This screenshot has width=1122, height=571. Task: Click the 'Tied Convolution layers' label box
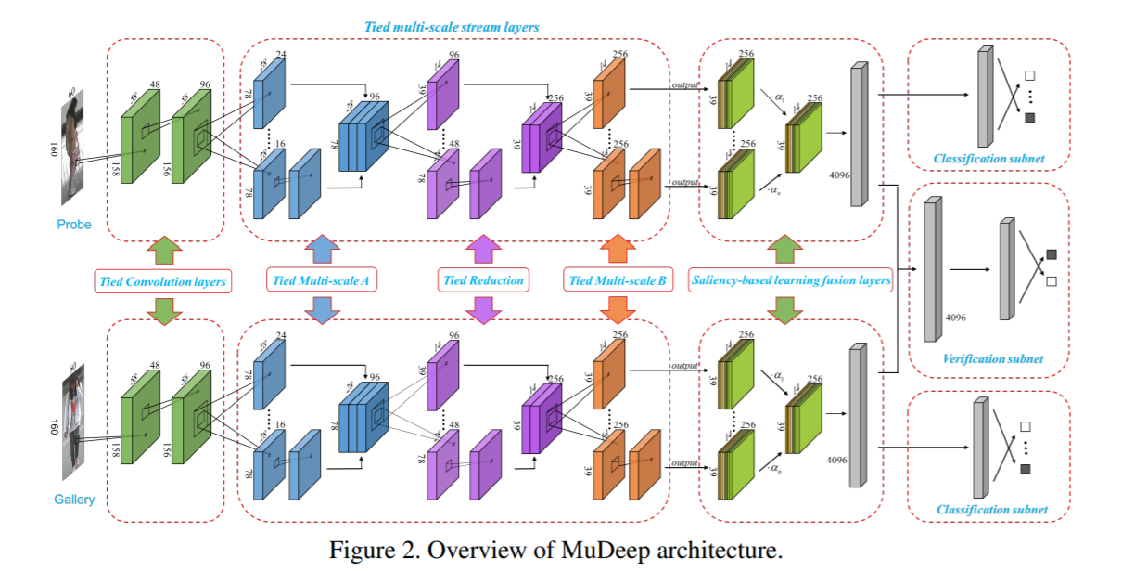[x=162, y=280]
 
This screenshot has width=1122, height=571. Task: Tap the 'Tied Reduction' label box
[x=481, y=280]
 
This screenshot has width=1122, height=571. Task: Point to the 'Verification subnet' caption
[x=992, y=359]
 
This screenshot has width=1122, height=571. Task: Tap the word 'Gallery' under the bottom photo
[x=73, y=500]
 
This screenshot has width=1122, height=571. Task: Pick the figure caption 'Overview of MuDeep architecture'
[x=556, y=549]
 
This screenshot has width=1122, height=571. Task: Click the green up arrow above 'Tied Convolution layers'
[x=163, y=250]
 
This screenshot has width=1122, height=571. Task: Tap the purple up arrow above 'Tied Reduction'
[x=481, y=250]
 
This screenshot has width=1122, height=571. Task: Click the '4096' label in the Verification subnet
[x=956, y=317]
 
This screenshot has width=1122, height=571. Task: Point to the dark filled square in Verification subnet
[x=1051, y=253]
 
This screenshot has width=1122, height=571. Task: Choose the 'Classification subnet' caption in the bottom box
[x=991, y=509]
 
